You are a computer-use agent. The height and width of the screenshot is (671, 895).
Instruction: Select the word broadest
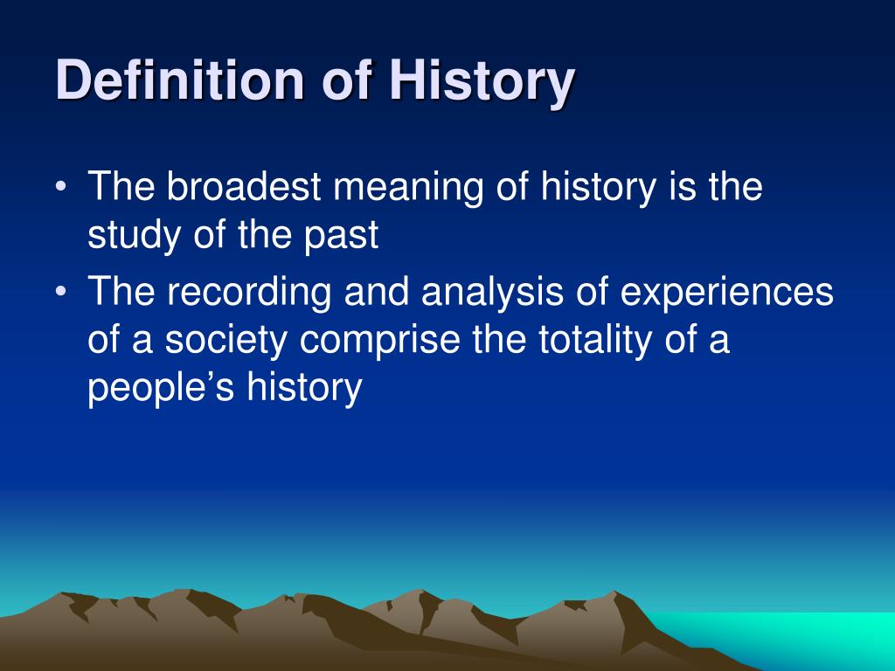(x=245, y=186)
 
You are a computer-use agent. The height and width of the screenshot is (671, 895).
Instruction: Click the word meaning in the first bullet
(x=408, y=188)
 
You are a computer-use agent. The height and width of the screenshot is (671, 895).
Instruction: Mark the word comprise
(x=380, y=341)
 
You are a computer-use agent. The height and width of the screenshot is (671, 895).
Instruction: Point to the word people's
(x=161, y=388)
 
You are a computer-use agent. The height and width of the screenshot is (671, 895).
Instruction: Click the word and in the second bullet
(x=377, y=290)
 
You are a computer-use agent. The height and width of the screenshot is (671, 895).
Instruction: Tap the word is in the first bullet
(x=682, y=186)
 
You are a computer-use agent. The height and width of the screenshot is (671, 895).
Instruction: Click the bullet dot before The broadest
(x=61, y=187)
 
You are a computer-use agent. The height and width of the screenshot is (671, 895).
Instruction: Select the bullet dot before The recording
(x=61, y=291)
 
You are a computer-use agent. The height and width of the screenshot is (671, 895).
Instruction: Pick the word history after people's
(x=304, y=388)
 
